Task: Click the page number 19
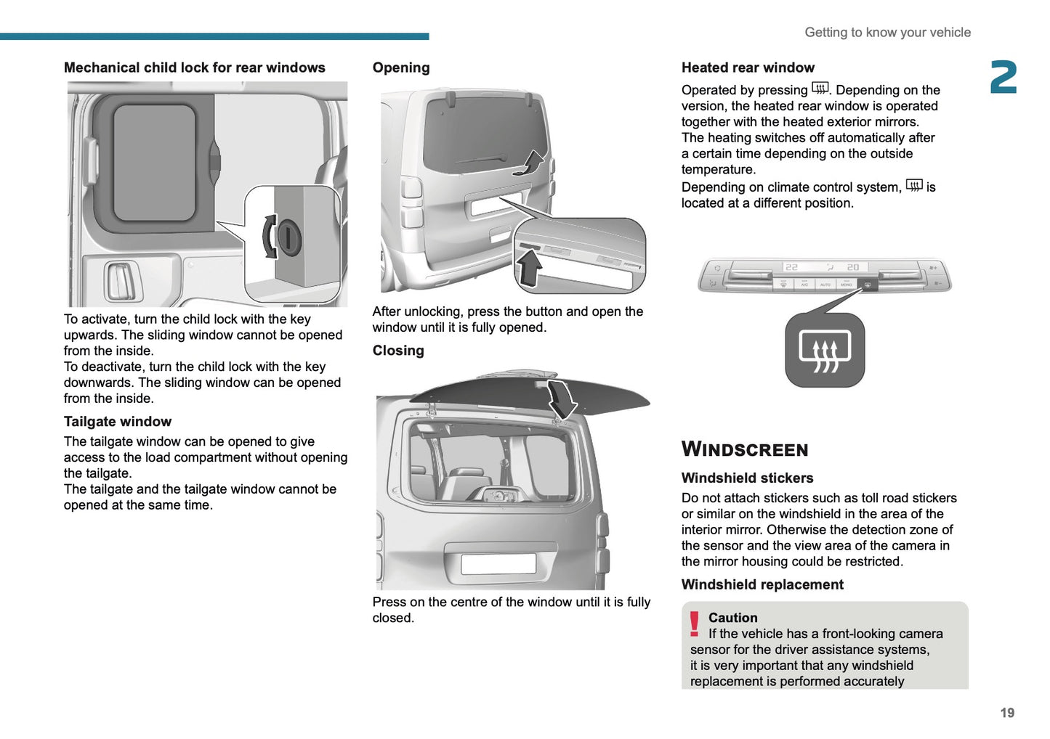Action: pyautogui.click(x=1006, y=713)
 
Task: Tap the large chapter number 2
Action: pyautogui.click(x=1003, y=78)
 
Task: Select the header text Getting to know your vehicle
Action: pyautogui.click(x=887, y=33)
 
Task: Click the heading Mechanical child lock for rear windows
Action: pyautogui.click(x=194, y=68)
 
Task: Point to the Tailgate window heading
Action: pyautogui.click(x=118, y=422)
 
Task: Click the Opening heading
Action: pyautogui.click(x=401, y=68)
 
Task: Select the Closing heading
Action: pyautogui.click(x=398, y=351)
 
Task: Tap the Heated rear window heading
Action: pyautogui.click(x=748, y=68)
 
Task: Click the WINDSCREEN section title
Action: pyautogui.click(x=744, y=449)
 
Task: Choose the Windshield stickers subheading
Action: pyautogui.click(x=747, y=478)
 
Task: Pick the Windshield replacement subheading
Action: pyautogui.click(x=762, y=585)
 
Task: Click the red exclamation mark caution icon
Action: pyautogui.click(x=694, y=624)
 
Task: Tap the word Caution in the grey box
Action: pyautogui.click(x=732, y=618)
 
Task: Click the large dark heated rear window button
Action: pyautogui.click(x=825, y=351)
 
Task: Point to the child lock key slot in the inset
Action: pyautogui.click(x=288, y=237)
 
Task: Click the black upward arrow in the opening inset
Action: pyautogui.click(x=529, y=268)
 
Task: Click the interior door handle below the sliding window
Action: pyautogui.click(x=121, y=282)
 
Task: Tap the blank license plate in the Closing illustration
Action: pyautogui.click(x=498, y=563)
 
